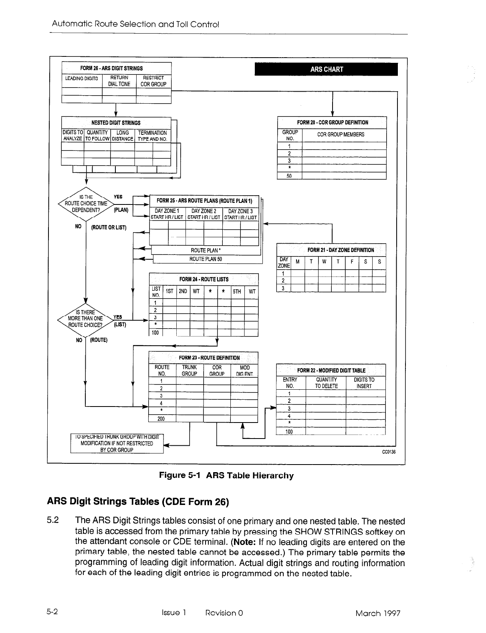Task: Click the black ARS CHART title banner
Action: click(327, 69)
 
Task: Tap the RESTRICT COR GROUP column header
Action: click(153, 81)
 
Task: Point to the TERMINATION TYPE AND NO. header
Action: click(152, 136)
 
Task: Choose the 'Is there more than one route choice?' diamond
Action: click(85, 319)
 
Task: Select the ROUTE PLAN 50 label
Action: click(206, 259)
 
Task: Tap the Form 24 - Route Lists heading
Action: click(204, 279)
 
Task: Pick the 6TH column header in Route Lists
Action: click(237, 291)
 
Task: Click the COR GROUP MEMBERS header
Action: click(341, 134)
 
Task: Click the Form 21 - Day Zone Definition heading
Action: click(341, 250)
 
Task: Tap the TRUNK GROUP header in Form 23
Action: click(190, 371)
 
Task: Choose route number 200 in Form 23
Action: click(161, 419)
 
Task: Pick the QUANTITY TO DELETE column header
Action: click(326, 383)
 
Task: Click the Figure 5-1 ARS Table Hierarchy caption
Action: click(226, 475)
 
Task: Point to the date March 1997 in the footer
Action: click(377, 613)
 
